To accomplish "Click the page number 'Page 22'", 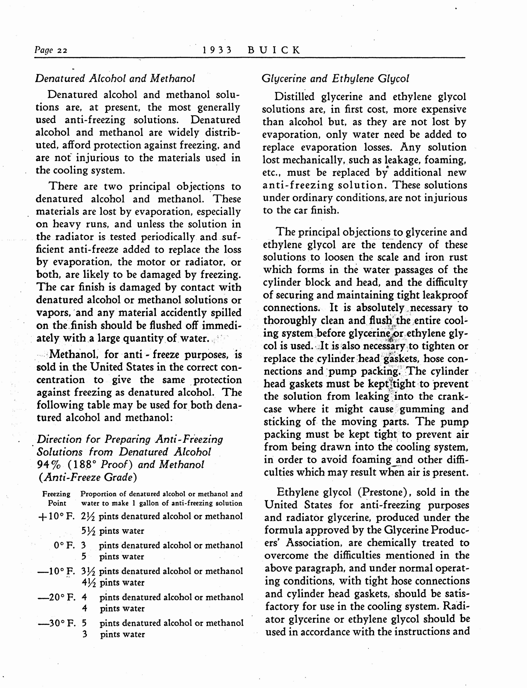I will tap(51, 50).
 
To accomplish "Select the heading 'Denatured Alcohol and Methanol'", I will tap(115, 78).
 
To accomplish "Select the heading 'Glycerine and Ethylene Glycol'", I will tap(335, 78).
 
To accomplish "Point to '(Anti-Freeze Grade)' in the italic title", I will tap(87, 477).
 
